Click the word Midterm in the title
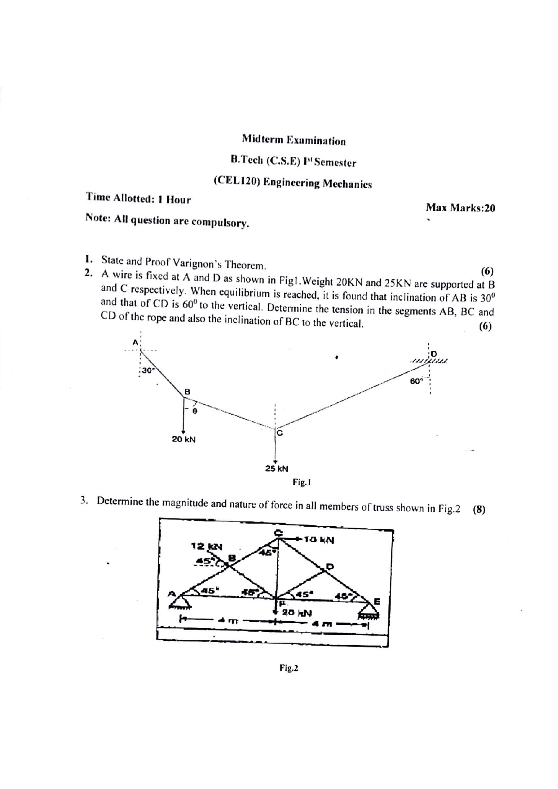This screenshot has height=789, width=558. tap(263, 140)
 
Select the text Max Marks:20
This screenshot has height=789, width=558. tap(460, 208)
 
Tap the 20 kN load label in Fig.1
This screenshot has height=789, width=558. tap(184, 439)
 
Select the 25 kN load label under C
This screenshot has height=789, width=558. tap(277, 469)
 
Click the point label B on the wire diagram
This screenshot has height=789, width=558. tap(187, 391)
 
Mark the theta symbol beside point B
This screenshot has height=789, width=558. tap(195, 411)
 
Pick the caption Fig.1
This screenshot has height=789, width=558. tap(301, 482)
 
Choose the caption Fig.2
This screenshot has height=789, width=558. tap(289, 668)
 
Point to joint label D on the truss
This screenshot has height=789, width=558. tap(330, 566)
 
